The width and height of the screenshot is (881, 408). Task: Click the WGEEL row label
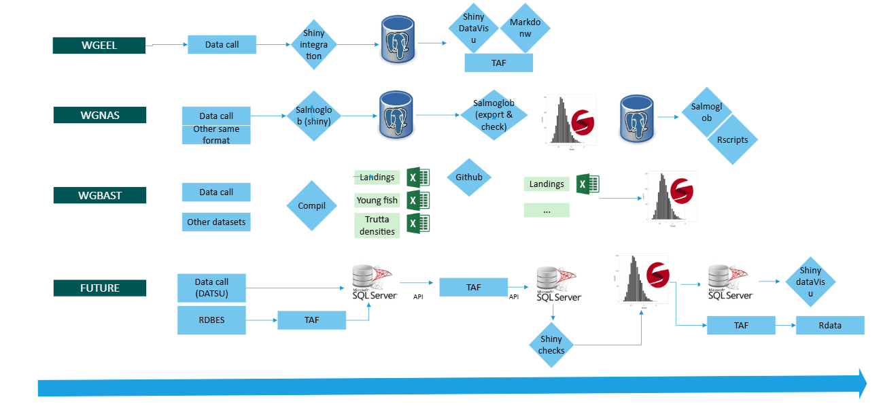tap(99, 45)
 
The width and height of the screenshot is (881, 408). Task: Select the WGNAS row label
tap(99, 115)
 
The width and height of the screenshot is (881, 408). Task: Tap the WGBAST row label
tap(99, 195)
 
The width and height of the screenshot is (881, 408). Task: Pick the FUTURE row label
tap(99, 288)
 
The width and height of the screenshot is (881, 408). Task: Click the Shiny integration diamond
tap(313, 45)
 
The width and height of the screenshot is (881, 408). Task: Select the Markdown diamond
tap(525, 28)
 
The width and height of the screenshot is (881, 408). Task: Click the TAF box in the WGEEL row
tap(498, 63)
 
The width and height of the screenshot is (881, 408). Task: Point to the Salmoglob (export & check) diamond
tap(494, 115)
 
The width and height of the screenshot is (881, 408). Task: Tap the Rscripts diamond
tap(731, 139)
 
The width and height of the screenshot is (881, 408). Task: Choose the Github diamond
tap(468, 177)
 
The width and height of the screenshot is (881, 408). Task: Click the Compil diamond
tap(311, 205)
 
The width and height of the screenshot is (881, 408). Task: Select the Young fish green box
tap(377, 201)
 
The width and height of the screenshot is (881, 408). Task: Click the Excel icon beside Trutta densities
tap(417, 224)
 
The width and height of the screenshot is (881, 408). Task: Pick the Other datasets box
tap(216, 222)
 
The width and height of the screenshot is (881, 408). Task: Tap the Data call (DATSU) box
tap(211, 287)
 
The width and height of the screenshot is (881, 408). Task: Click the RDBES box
tap(211, 320)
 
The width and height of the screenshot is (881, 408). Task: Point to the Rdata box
tap(829, 325)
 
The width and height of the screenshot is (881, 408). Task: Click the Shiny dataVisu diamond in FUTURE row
tap(810, 282)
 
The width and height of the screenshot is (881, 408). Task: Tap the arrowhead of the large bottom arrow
tap(862, 384)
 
